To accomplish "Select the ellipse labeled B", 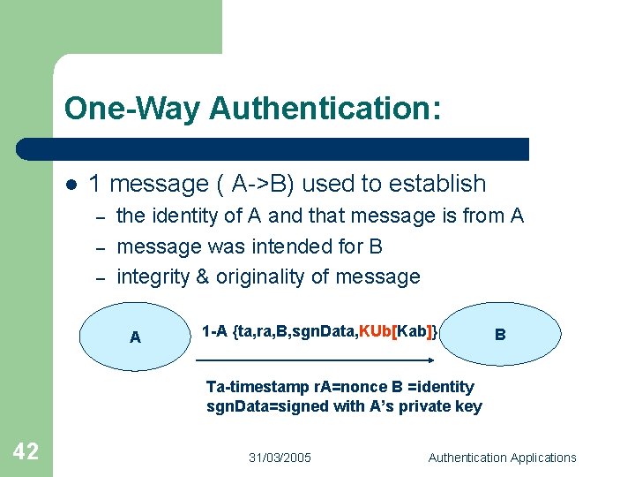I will coord(500,335).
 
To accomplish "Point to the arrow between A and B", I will coord(314,360).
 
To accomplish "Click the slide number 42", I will coord(26,452).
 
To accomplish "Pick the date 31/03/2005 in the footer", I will coord(280,458).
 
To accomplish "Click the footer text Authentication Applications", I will coord(502,458).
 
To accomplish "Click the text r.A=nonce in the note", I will coord(340,387).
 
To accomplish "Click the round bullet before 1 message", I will coord(71,185).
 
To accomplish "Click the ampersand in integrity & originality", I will coord(202,276).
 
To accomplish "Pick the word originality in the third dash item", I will coord(258,276).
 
